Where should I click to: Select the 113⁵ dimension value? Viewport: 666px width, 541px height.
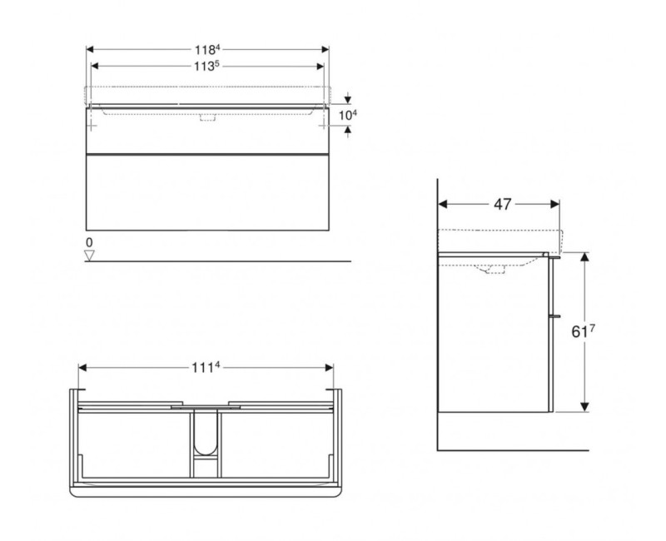[206, 67]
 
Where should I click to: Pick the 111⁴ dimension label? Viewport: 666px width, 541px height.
[206, 367]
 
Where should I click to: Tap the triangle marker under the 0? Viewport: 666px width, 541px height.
[89, 255]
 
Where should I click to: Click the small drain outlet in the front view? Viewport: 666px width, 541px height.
[206, 118]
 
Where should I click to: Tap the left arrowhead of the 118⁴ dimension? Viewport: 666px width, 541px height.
[90, 48]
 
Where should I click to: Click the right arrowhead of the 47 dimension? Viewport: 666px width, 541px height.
[555, 203]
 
